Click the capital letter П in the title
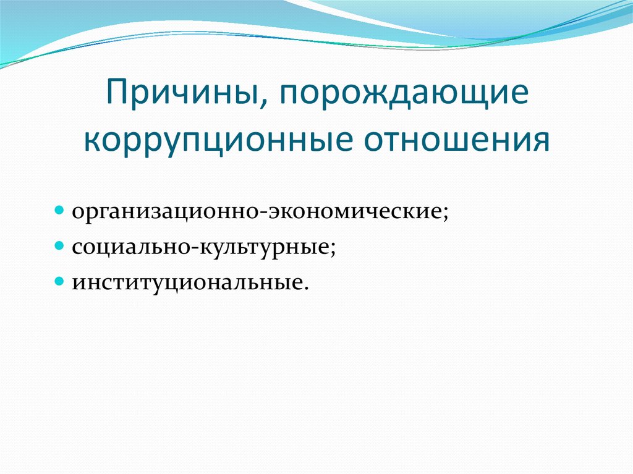coord(117,92)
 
